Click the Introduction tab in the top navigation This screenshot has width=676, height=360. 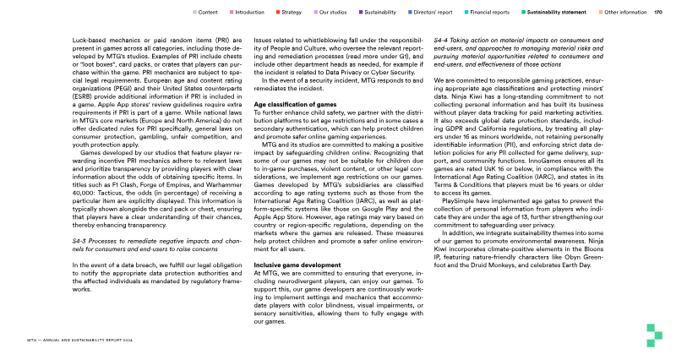[249, 13]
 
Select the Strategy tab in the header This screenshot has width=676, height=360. [292, 13]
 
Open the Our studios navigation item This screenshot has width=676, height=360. [332, 13]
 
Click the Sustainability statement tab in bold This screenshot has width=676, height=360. [558, 13]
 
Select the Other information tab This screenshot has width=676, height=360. [626, 13]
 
